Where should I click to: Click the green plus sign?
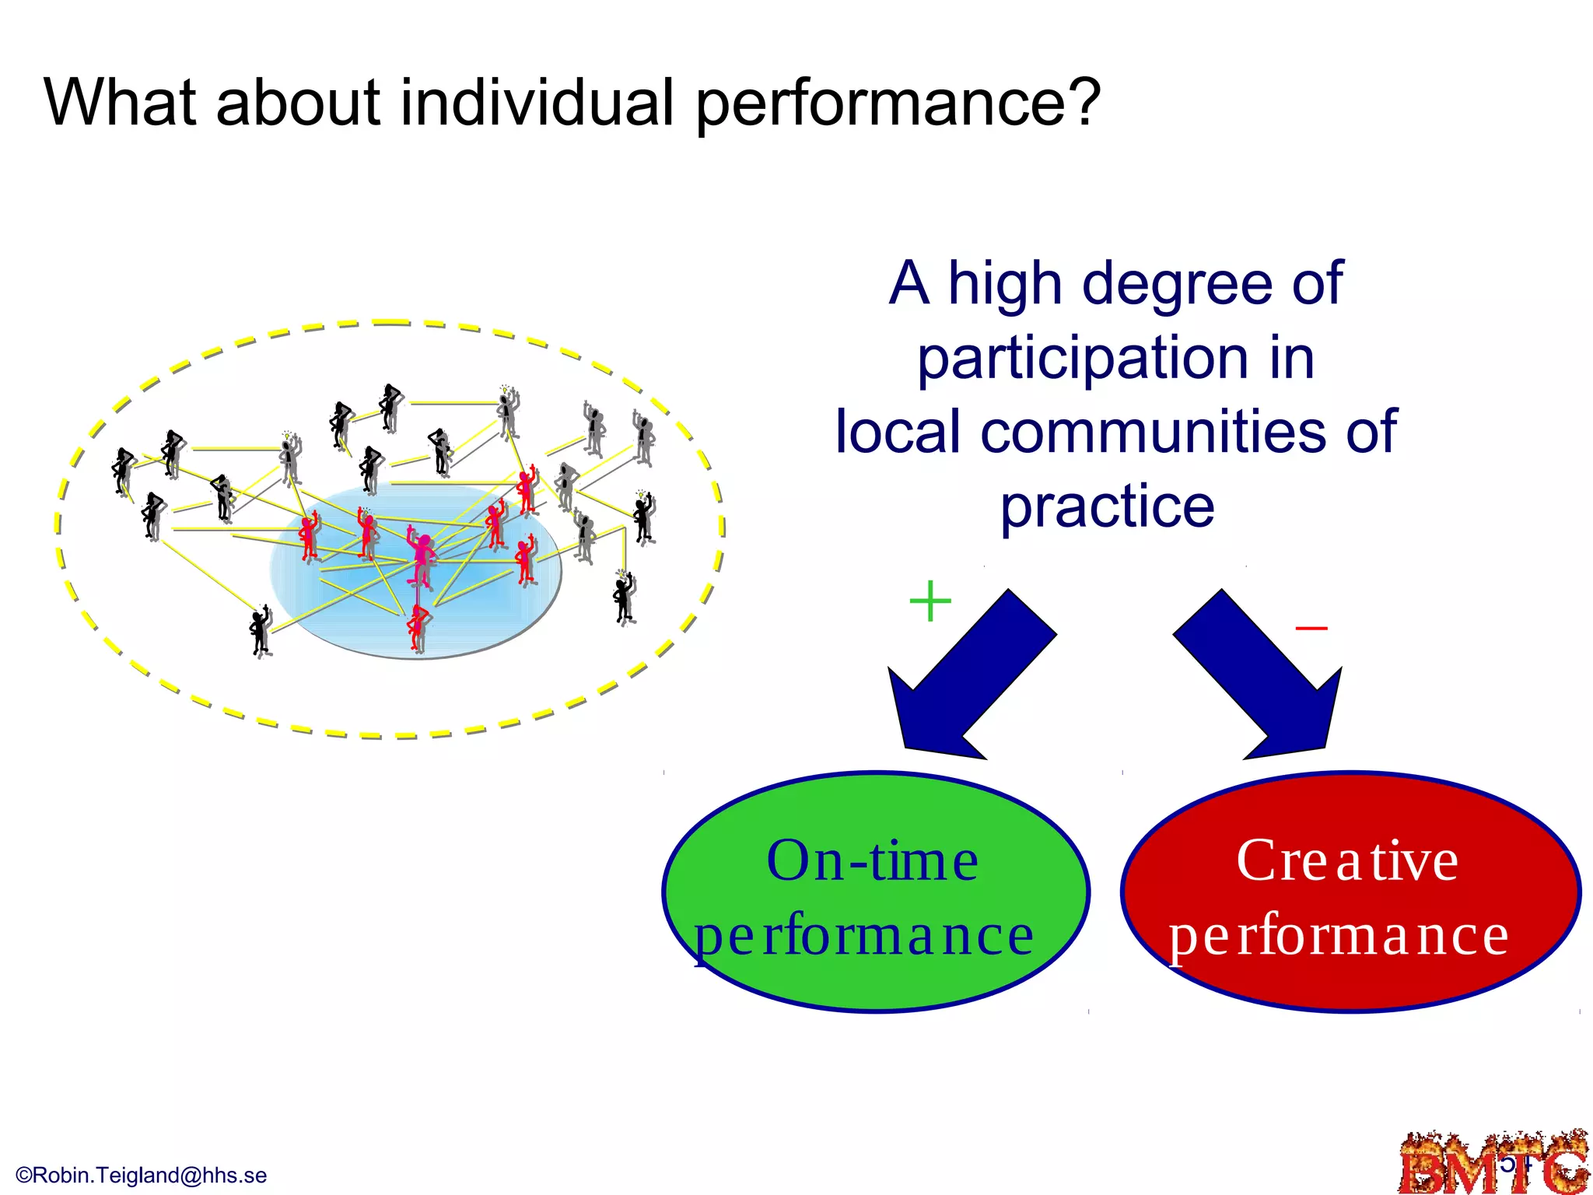[x=930, y=601]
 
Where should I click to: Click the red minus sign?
[x=1311, y=628]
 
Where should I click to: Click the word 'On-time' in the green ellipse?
[x=872, y=861]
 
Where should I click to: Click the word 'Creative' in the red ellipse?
[x=1347, y=861]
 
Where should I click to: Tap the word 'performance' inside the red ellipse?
[x=1339, y=936]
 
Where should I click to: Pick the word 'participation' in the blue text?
[x=1082, y=358]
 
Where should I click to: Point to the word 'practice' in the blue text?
[x=1107, y=506]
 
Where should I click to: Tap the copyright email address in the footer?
[x=142, y=1176]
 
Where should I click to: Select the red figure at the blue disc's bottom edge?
[x=418, y=627]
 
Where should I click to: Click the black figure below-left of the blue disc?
[x=260, y=631]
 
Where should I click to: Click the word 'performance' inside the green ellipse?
[x=863, y=936]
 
